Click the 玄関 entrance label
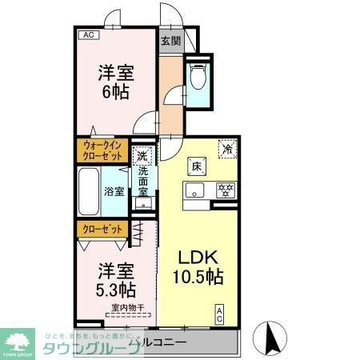click(170, 41)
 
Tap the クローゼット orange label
click(102, 229)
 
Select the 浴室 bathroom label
click(114, 191)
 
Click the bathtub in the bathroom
click(90, 191)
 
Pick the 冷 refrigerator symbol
click(227, 148)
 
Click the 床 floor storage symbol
click(195, 166)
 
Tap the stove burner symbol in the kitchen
click(226, 190)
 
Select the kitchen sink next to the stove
click(197, 190)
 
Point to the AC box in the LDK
click(219, 315)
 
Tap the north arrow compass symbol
click(270, 338)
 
